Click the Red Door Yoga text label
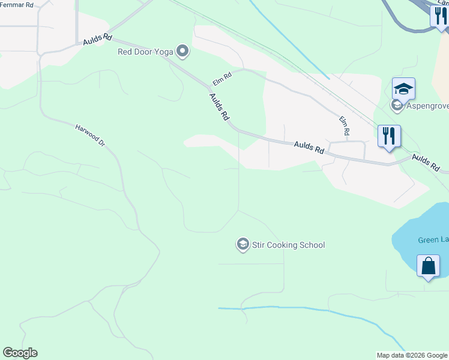point(145,52)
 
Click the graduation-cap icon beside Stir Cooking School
point(243,244)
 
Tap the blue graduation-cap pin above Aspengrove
point(403,89)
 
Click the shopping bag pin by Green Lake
point(428,266)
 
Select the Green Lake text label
point(432,240)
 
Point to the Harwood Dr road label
point(90,136)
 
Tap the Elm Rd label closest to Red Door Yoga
point(222,78)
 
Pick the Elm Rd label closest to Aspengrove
point(345,125)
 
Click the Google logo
point(20,353)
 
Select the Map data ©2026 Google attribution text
point(412,355)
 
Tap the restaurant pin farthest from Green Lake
point(439,16)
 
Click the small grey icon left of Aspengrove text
point(396,106)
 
